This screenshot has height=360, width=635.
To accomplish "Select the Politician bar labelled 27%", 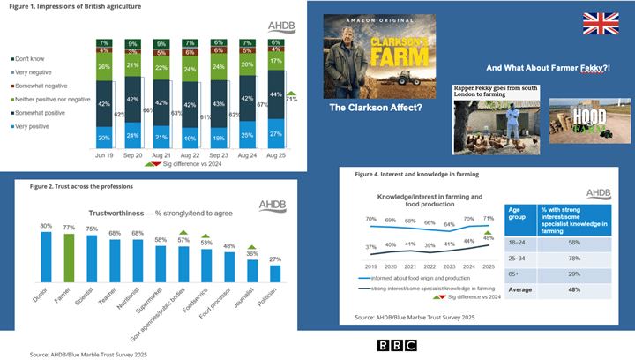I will click(x=275, y=274).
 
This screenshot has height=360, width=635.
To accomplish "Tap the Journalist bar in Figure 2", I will click(x=252, y=269).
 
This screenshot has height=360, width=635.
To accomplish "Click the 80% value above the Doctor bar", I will click(x=45, y=226).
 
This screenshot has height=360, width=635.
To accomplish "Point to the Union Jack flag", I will click(x=600, y=24).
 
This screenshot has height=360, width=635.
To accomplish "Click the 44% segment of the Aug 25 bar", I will click(x=276, y=94).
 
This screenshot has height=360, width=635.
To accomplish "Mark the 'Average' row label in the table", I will click(x=520, y=288).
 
